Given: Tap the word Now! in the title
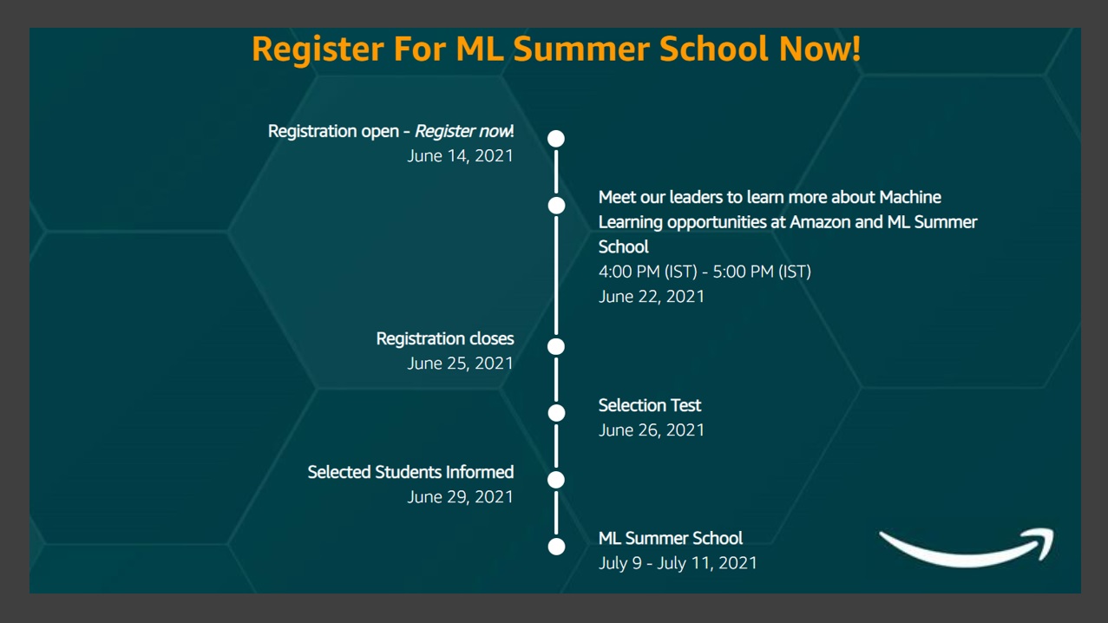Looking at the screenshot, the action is click(820, 49).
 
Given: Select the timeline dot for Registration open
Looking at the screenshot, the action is click(556, 139).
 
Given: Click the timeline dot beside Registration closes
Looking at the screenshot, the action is click(556, 346).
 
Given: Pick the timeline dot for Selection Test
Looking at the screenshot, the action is click(556, 413).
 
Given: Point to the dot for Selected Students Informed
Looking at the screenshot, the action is click(556, 480).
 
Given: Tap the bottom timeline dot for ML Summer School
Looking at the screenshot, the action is click(556, 547).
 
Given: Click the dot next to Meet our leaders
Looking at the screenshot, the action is click(556, 206).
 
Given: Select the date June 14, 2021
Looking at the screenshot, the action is click(460, 156).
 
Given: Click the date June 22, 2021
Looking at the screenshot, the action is click(652, 297).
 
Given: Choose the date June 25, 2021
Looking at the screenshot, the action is click(460, 364).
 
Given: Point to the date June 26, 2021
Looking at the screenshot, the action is click(652, 430).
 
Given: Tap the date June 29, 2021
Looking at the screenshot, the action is click(460, 497).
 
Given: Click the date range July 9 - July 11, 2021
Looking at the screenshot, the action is click(678, 564).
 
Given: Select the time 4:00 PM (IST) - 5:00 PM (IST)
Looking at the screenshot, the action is click(705, 272).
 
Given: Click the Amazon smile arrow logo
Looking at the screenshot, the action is click(967, 548).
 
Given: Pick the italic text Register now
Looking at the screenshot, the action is click(463, 132).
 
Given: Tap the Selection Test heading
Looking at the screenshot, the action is click(650, 405).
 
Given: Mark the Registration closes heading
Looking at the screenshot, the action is click(445, 339).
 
